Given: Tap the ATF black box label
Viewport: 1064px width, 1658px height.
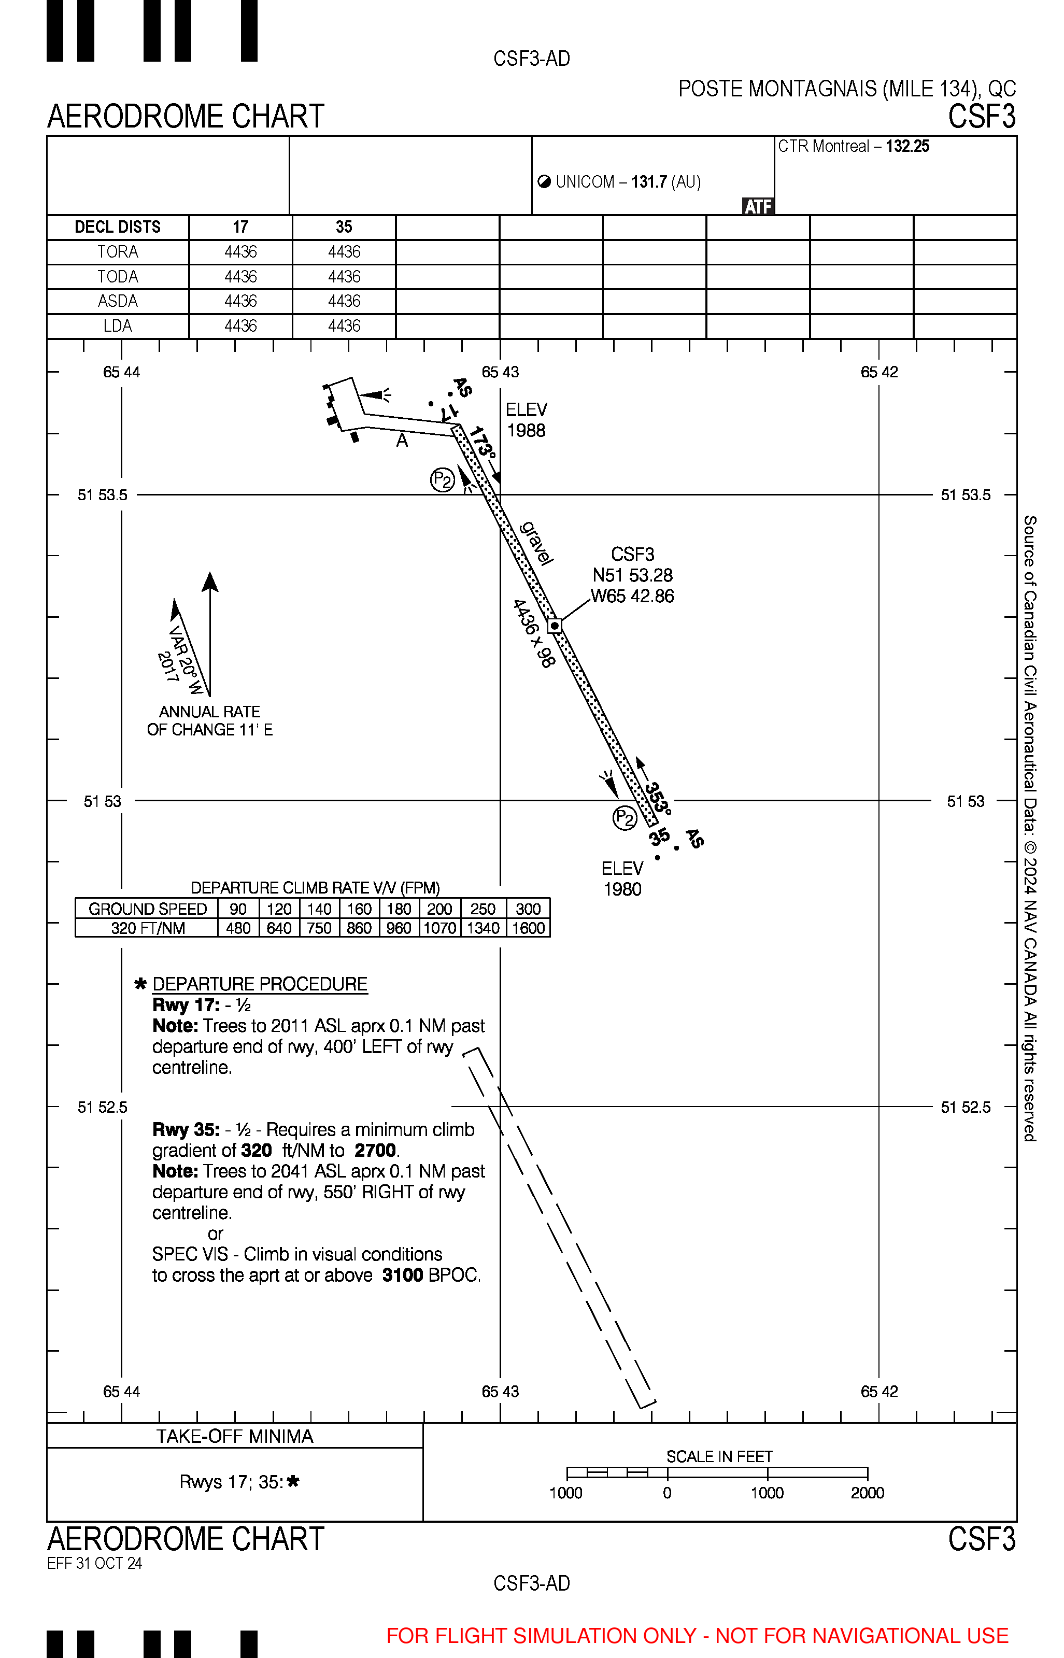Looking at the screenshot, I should [758, 207].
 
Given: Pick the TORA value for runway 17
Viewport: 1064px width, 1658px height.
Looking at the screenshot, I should [240, 252].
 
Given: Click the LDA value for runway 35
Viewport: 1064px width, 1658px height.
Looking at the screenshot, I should [344, 326].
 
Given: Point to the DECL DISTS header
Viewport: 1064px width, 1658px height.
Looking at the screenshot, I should [118, 228].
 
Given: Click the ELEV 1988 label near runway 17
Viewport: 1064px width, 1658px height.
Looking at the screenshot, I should [527, 420].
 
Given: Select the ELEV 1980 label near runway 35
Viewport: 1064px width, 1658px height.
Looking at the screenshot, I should [622, 878].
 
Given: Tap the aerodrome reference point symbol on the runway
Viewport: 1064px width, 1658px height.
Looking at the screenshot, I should [555, 626].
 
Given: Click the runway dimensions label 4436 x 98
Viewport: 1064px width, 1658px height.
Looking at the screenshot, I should [534, 633].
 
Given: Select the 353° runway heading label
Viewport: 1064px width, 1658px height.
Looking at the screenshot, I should [657, 798].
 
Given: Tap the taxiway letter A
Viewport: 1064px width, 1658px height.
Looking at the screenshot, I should [402, 440].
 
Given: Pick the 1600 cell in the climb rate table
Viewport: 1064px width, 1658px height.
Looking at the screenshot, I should [529, 928].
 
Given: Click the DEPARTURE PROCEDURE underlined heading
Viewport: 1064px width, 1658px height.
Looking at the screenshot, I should [260, 984].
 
